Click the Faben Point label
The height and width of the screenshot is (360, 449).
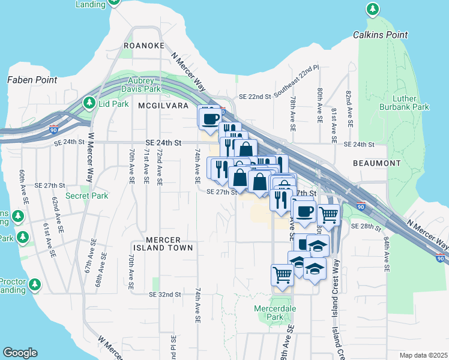click(x=32, y=79)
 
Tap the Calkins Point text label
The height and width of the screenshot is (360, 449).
click(x=376, y=35)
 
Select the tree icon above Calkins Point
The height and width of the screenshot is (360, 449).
click(x=373, y=10)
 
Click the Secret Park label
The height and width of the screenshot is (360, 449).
click(x=87, y=196)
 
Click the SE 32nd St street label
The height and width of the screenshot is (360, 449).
click(x=164, y=295)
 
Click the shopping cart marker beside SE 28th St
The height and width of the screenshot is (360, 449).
click(x=328, y=214)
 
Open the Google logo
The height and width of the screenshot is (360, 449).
click(x=20, y=353)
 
